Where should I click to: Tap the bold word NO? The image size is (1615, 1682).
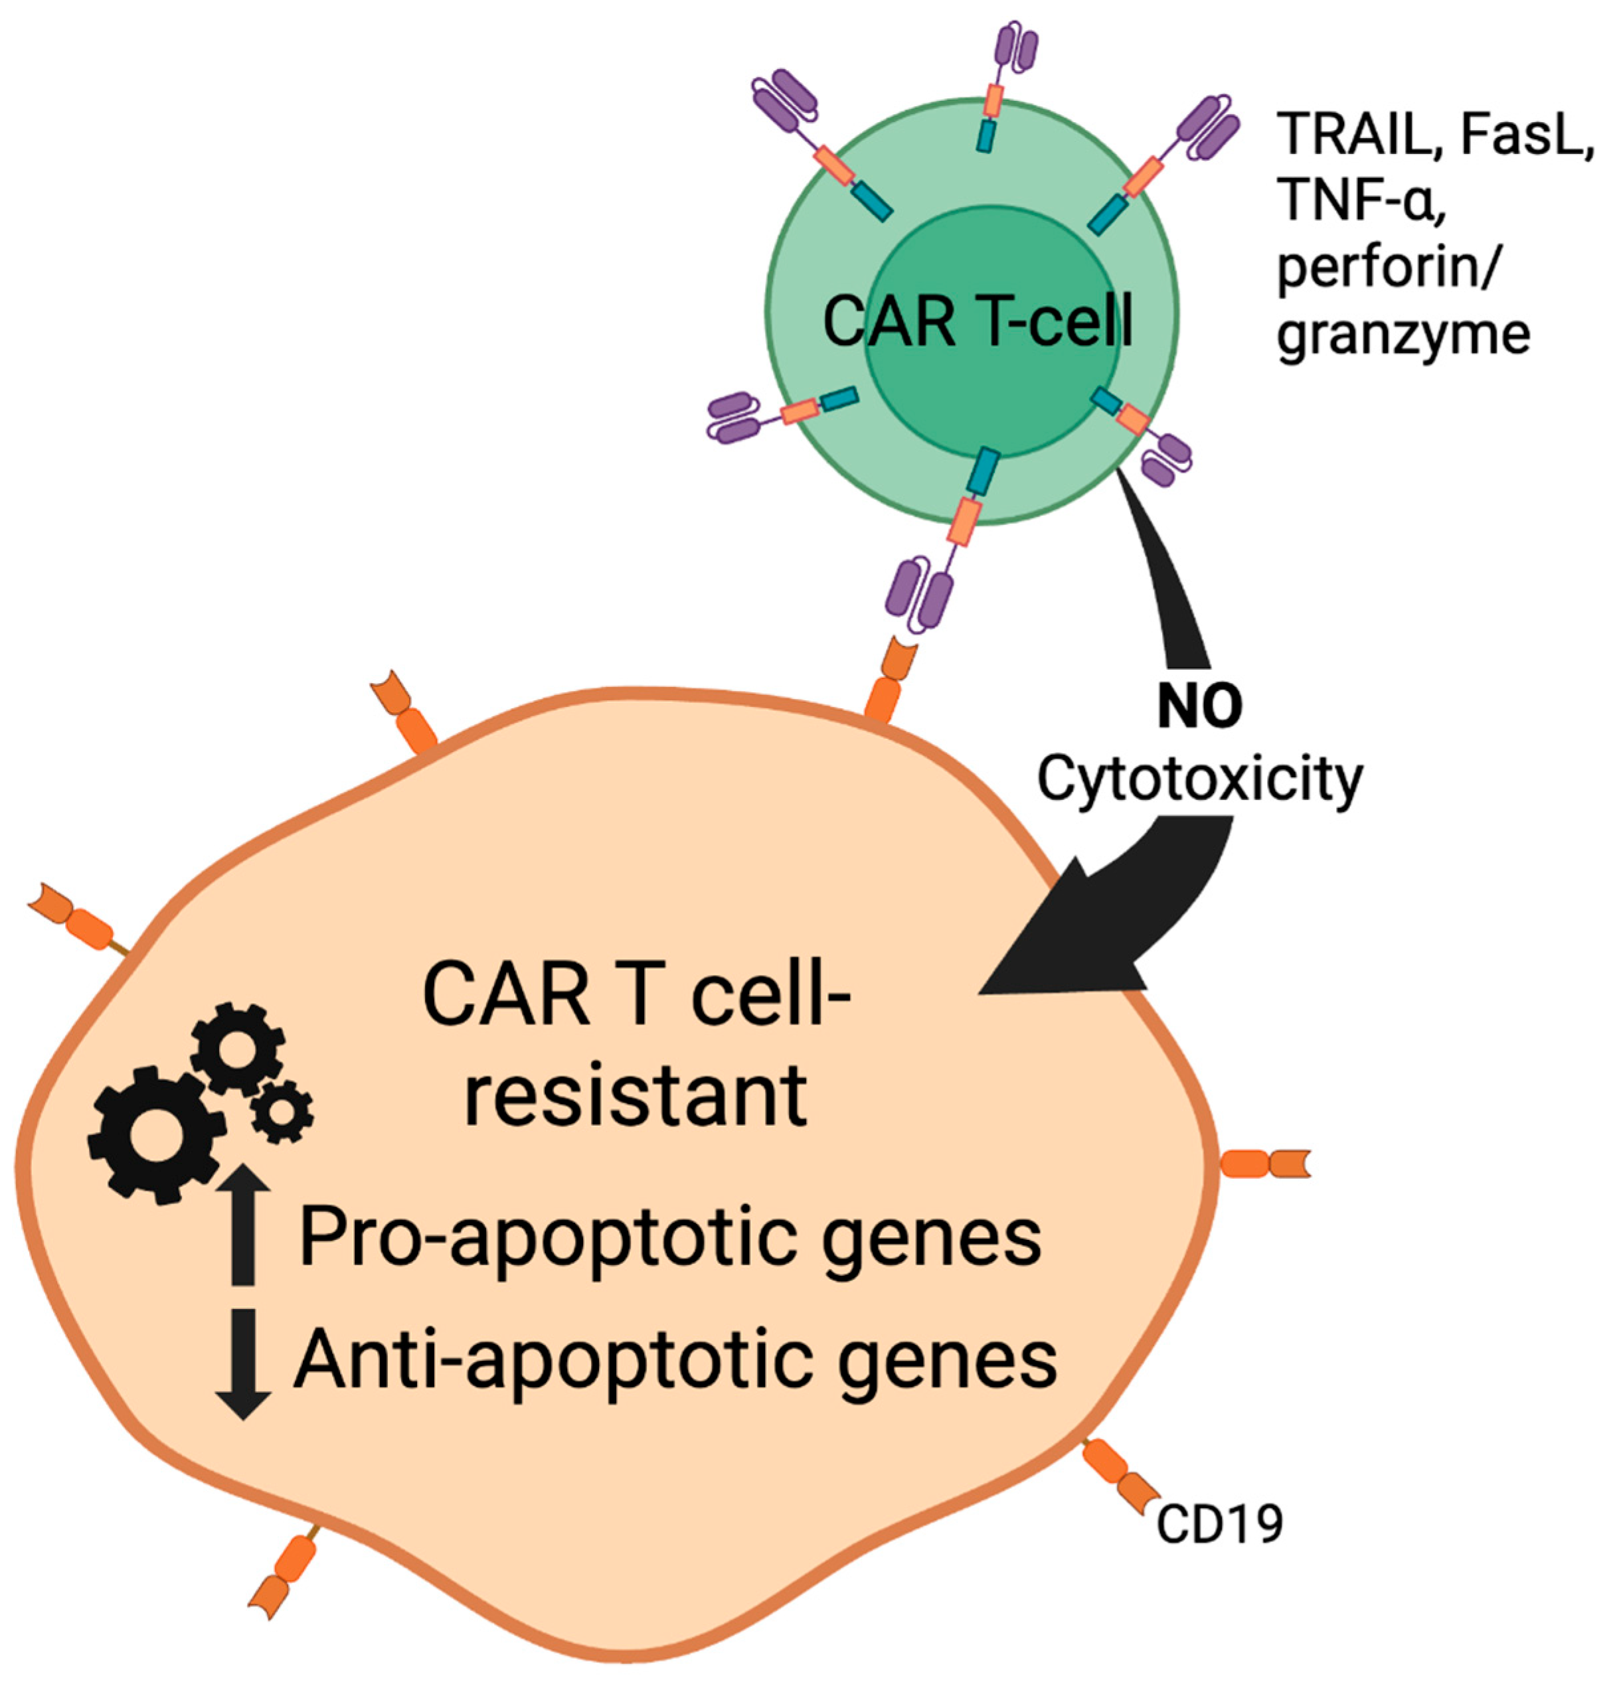pos(1199,706)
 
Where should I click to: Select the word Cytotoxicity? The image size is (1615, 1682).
pos(1199,781)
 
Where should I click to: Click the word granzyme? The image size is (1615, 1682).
pos(1403,335)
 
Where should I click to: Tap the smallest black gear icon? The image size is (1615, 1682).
pos(282,1112)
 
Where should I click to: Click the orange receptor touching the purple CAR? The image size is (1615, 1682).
pos(889,682)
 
